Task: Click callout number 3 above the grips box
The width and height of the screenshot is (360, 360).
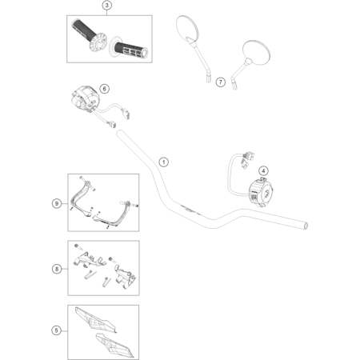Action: [106, 5]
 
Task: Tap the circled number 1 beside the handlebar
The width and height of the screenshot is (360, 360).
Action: [163, 162]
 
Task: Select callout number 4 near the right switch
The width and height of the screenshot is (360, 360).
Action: [263, 171]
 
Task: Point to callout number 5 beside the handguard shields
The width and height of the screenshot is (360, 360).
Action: [56, 330]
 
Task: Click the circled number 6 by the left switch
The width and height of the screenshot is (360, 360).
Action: [104, 89]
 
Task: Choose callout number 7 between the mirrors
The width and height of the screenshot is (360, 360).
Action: [220, 82]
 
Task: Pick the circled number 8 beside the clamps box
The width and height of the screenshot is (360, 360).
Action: [57, 269]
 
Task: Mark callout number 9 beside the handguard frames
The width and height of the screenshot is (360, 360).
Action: [57, 204]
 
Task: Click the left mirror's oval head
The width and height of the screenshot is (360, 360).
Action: [187, 27]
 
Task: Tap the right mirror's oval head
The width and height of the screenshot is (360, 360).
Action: [256, 53]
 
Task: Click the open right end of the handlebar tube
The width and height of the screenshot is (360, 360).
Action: [306, 226]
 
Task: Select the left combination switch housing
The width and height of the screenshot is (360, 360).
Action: [84, 100]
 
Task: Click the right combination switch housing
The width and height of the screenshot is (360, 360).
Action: [261, 193]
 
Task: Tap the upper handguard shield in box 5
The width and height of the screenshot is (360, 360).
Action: [95, 320]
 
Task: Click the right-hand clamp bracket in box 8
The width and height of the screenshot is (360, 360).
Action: [125, 276]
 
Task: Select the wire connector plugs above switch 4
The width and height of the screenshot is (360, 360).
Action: [247, 159]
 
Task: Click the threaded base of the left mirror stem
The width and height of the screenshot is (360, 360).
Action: [208, 77]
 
